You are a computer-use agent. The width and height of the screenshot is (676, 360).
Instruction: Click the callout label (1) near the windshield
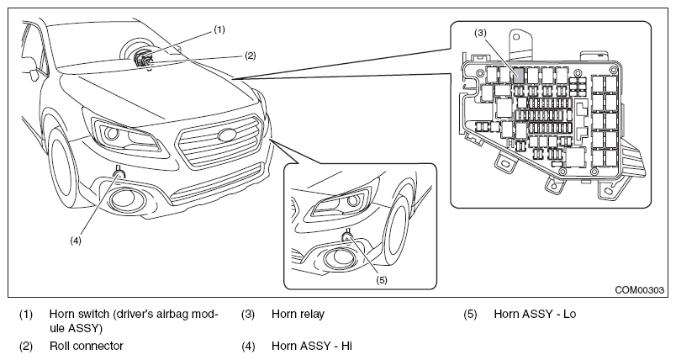point(219,29)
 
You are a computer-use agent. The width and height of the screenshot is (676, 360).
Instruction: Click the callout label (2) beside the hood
point(250,56)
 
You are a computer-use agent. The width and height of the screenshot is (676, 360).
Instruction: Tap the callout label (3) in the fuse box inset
point(480,33)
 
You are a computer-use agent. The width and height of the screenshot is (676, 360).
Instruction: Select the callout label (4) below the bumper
point(76,241)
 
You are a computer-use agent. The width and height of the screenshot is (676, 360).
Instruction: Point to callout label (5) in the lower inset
point(382,280)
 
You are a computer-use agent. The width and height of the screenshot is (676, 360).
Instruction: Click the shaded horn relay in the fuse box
point(519,76)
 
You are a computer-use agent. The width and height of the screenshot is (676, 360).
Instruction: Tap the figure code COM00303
point(639,289)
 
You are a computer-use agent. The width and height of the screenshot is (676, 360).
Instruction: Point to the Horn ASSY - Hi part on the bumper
point(119,174)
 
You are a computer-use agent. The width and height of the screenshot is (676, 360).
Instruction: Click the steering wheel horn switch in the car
point(142,57)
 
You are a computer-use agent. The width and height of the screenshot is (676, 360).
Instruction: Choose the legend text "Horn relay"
point(298,314)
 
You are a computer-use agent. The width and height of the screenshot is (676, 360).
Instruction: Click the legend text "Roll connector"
point(87,346)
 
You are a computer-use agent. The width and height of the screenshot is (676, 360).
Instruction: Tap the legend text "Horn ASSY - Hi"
point(312,346)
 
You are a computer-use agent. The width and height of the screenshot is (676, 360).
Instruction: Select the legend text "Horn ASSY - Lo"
point(535,314)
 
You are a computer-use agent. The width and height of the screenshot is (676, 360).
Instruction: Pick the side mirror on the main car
point(33,74)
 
